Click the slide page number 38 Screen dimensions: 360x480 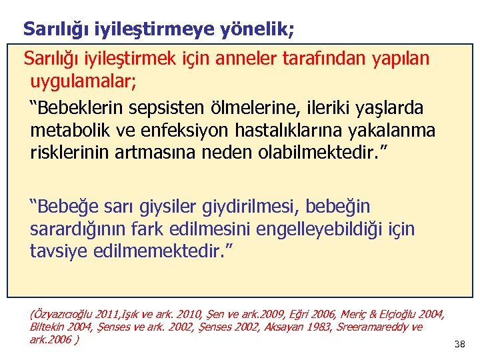459,344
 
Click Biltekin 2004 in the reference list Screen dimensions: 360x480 57,327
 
